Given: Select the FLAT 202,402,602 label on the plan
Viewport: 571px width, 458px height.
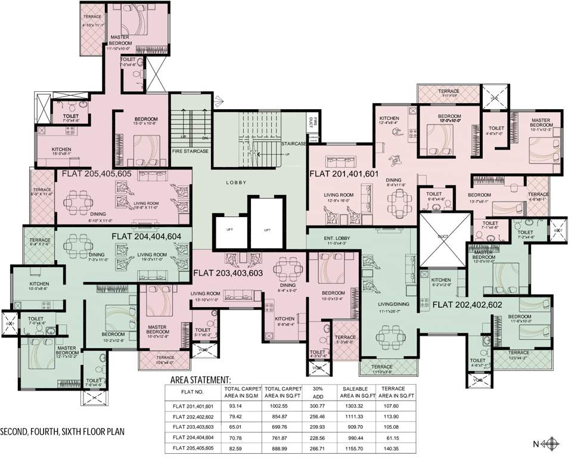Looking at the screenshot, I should click(467, 304).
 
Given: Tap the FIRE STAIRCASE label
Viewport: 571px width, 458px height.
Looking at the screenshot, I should click(191, 151).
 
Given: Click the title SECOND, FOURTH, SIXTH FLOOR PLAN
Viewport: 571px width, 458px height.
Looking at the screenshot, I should click(63, 431).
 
